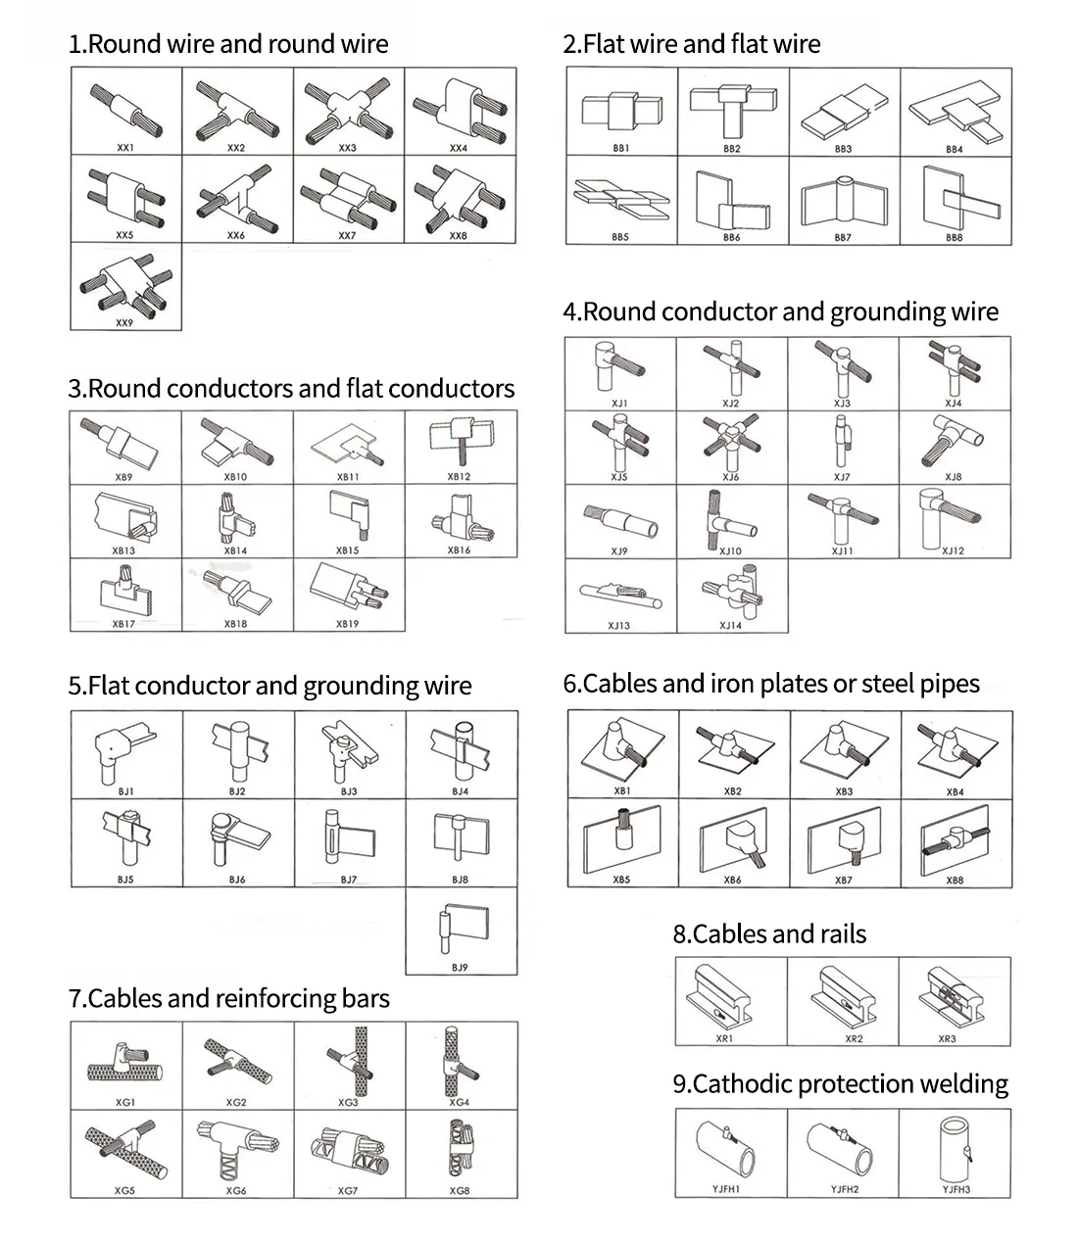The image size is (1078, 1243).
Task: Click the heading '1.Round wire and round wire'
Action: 228,44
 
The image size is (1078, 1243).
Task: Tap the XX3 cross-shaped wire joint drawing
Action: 348,108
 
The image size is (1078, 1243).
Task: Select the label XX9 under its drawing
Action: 124,322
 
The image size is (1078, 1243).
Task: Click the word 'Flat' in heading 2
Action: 604,44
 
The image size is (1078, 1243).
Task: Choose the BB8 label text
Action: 955,237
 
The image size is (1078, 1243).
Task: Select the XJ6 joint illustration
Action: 731,441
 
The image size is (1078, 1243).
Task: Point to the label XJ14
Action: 731,625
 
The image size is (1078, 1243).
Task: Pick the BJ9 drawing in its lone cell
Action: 460,926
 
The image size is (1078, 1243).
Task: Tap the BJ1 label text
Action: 125,791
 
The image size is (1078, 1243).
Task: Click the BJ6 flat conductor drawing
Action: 237,837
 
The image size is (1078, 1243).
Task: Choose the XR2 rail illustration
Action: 842,995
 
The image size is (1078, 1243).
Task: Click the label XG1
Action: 125,1102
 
